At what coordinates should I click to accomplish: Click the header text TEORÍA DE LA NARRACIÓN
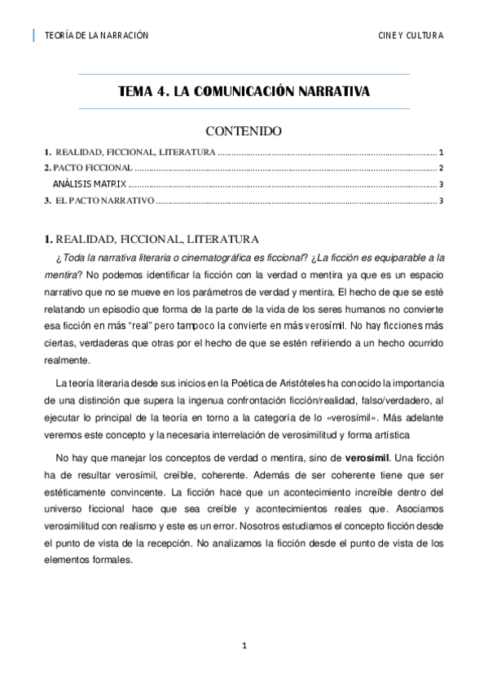[95, 36]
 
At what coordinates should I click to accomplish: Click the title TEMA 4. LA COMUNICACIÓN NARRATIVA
[244, 92]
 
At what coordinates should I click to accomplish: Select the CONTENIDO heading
[244, 131]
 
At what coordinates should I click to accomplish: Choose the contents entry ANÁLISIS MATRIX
[85, 184]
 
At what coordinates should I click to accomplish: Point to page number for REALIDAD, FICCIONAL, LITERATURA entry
[440, 152]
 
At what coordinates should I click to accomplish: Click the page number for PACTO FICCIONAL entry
[440, 167]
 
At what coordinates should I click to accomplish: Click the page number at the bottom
[244, 646]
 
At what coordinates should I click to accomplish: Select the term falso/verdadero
[391, 399]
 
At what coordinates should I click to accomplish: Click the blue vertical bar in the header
[34, 35]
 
